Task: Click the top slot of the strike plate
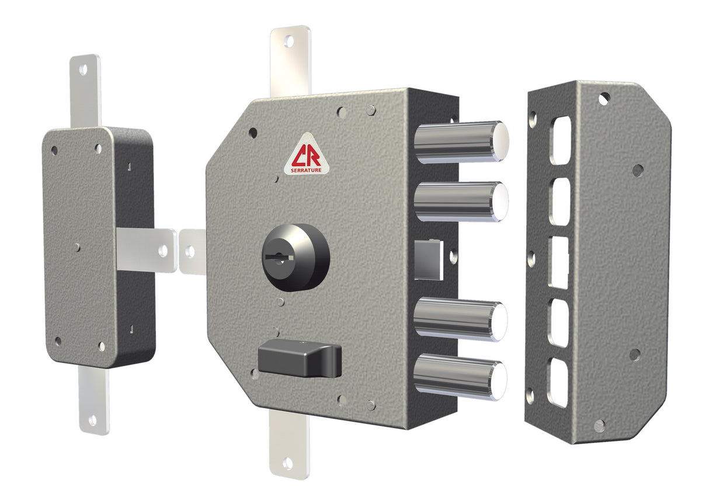point(560,141)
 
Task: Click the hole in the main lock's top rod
point(289,42)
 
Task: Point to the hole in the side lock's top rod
point(84,70)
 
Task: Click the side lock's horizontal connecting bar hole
point(163,251)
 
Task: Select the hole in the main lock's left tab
point(190,252)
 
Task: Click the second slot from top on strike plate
point(559,201)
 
